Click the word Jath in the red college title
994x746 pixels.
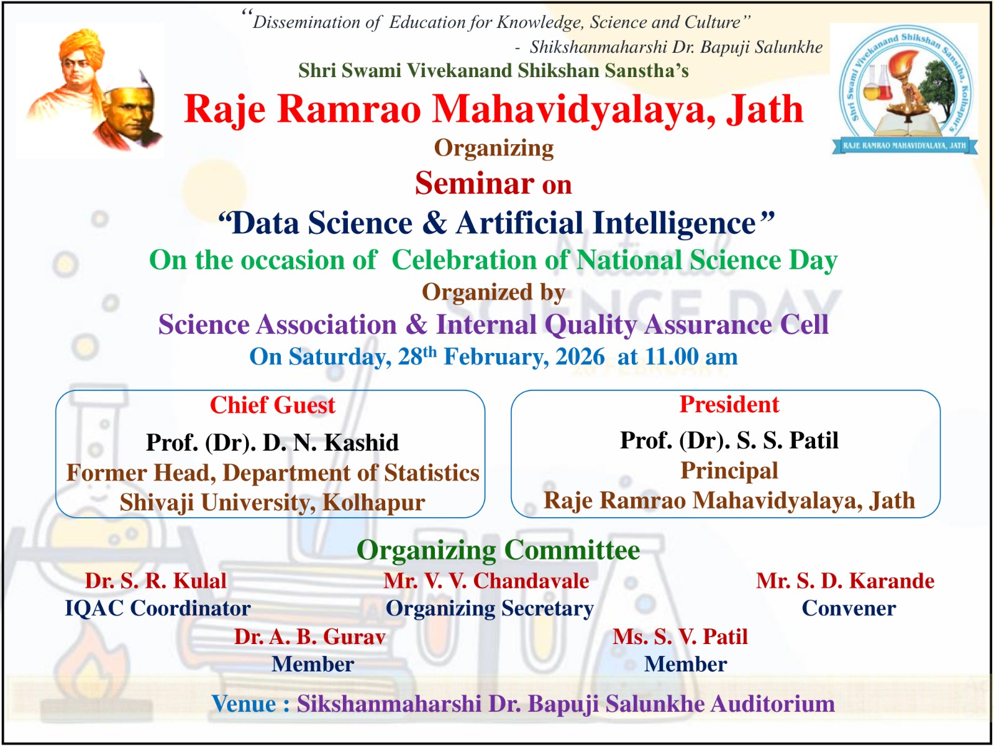click(765, 109)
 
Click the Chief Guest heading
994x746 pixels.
click(272, 405)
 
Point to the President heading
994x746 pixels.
click(729, 404)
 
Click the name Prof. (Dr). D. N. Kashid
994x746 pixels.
click(272, 442)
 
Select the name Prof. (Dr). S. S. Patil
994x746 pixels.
click(729, 440)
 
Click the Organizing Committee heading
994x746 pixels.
click(498, 551)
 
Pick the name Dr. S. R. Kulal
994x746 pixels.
click(156, 581)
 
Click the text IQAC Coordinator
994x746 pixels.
click(158, 608)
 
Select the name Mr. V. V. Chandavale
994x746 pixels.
click(486, 581)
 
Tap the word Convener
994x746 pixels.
click(849, 609)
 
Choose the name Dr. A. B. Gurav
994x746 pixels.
click(310, 637)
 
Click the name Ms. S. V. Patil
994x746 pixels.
click(680, 637)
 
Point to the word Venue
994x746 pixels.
click(244, 704)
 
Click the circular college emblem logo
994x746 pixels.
click(904, 89)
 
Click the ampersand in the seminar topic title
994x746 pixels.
click(434, 223)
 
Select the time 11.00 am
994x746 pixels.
click(691, 356)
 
